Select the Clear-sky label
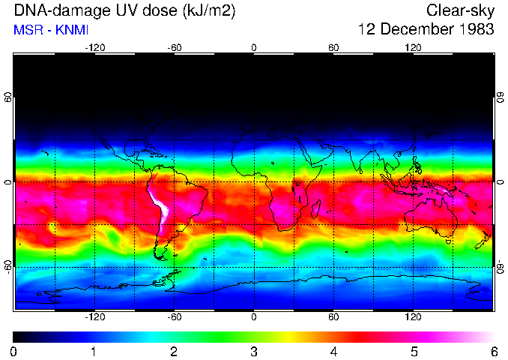tap(460, 10)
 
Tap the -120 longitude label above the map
tap(94, 47)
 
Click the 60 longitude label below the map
tap(333, 317)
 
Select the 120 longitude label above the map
tap(413, 47)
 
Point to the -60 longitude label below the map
tap(175, 317)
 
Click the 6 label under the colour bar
tap(494, 351)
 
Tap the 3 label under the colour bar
tap(254, 351)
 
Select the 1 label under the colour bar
tap(94, 351)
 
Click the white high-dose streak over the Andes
tap(160, 204)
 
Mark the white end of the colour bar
tap(490, 337)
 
